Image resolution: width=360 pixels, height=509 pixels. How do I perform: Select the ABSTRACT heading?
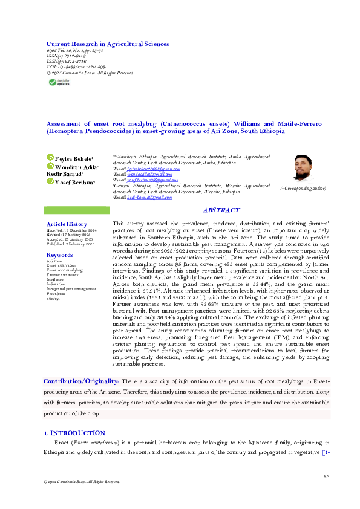point(221,210)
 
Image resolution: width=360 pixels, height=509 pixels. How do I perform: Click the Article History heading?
point(67,224)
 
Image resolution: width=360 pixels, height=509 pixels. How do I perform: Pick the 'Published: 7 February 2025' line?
point(71,244)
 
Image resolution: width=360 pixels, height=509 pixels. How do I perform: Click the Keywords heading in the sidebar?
point(59,255)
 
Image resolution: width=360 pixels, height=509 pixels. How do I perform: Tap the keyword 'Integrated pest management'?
point(71,289)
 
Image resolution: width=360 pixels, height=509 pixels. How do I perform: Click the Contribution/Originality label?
point(81,381)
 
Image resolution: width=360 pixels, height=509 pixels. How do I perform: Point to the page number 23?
point(326,477)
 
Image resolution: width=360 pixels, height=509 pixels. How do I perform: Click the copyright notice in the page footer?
point(77,482)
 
